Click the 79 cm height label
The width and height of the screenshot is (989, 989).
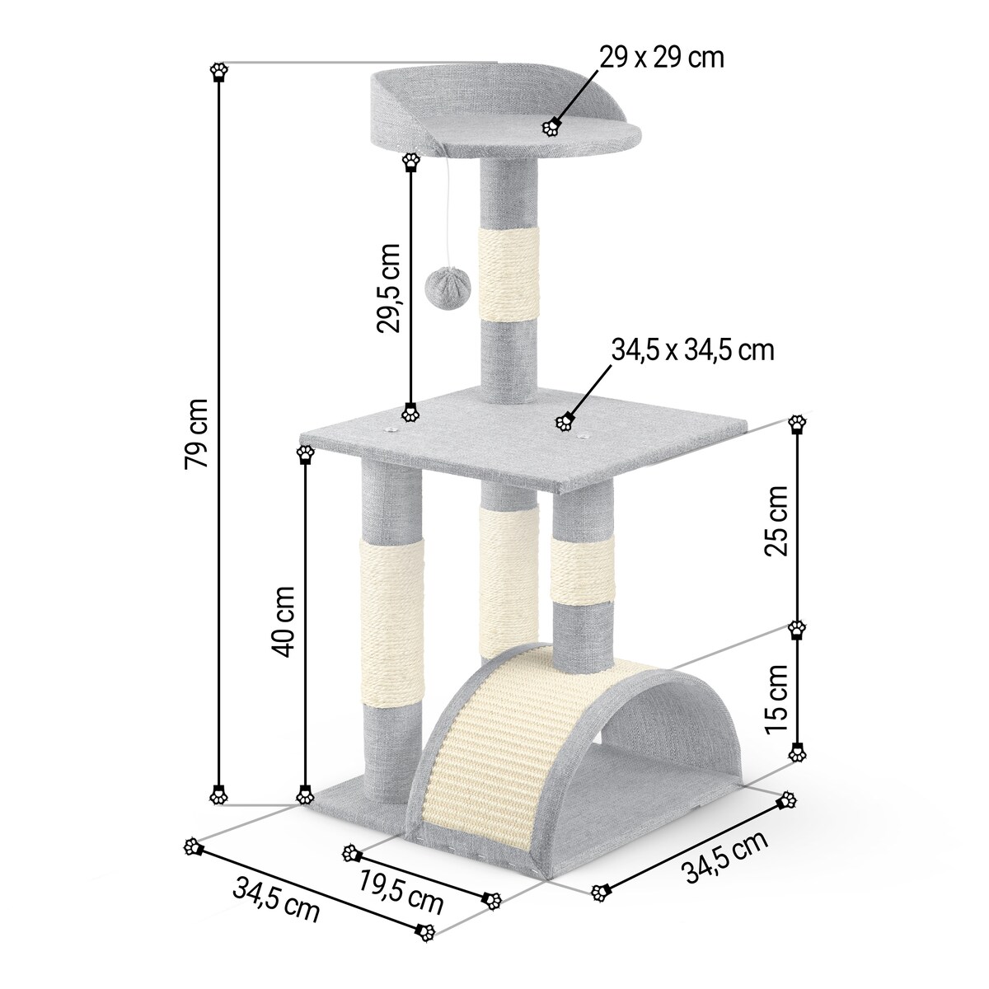[197, 434]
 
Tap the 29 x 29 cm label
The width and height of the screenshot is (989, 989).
[662, 58]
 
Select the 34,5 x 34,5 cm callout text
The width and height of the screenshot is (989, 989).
[693, 350]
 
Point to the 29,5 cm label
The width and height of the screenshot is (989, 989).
[388, 288]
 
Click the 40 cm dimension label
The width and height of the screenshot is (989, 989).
[283, 621]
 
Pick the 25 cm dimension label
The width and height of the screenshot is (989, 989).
[776, 520]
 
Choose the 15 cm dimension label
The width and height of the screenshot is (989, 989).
[776, 700]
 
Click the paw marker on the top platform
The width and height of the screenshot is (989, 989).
[551, 127]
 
